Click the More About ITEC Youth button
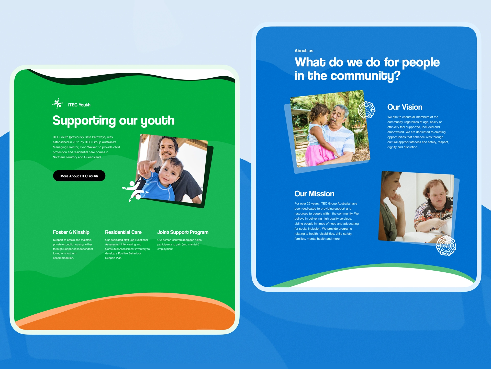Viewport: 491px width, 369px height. (79, 176)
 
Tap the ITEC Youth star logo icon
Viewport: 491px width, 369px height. (58, 104)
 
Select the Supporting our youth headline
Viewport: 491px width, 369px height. (114, 120)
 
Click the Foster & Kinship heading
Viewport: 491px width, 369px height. (71, 232)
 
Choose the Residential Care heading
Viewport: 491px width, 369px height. (123, 232)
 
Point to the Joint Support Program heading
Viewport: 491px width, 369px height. (183, 232)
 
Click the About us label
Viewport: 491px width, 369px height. (304, 51)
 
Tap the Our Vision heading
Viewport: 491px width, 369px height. (405, 107)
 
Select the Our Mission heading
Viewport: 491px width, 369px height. (314, 194)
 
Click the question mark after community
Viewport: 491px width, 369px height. (397, 76)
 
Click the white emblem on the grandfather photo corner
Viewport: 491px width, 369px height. (366, 110)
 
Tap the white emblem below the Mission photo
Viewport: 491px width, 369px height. (446, 246)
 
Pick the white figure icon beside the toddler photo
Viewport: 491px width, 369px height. (134, 191)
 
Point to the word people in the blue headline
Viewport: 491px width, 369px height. (421, 63)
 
